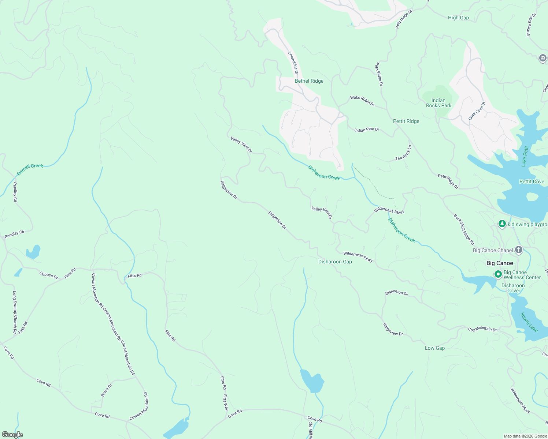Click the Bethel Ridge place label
pos(309,81)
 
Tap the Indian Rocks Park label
pos(438,103)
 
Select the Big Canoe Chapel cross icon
pos(519,250)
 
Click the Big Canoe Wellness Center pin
pos(498,274)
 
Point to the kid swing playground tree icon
pos(502,224)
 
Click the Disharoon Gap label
pos(335,262)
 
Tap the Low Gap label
pos(435,348)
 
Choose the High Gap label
pos(458,18)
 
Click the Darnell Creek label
pos(30,169)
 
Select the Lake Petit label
pos(525,156)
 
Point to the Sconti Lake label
pos(529,322)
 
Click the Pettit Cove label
pos(532,181)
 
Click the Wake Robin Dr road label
pos(362,101)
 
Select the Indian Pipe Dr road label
pos(367,130)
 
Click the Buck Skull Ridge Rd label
pos(464,229)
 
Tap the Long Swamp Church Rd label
pos(15,312)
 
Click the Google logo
pos(12,435)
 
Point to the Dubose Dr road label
pos(49,275)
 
